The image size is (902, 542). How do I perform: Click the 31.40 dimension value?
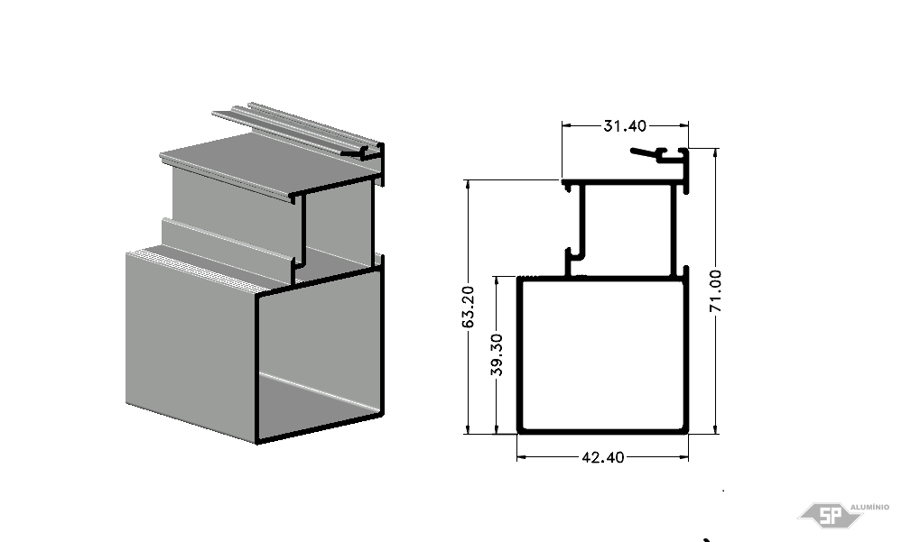(x=625, y=125)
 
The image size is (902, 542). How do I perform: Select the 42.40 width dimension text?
(x=603, y=457)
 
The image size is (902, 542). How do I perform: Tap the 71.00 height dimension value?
(x=715, y=290)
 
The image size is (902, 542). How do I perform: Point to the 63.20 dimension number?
(x=469, y=307)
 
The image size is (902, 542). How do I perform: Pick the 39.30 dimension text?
(x=497, y=354)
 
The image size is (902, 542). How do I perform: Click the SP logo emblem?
(x=830, y=514)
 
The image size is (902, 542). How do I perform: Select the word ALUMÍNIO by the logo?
(x=869, y=507)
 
